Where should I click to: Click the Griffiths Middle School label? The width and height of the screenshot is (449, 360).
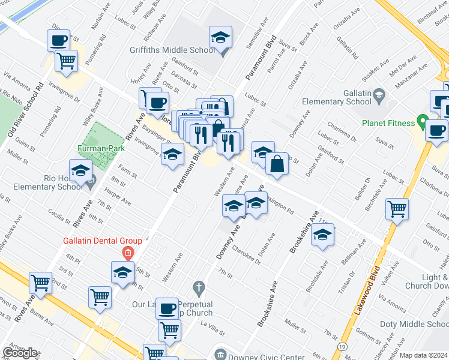coord(172,50)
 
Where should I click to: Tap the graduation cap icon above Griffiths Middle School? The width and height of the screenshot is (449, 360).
coord(221,38)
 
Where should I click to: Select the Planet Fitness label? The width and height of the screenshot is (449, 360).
coord(388,123)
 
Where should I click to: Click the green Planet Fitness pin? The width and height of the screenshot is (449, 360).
coord(422,125)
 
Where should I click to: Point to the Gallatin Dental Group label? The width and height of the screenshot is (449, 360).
coord(103,241)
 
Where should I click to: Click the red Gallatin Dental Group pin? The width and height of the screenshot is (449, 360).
coord(127,252)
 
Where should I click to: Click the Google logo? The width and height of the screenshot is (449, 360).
coord(20,353)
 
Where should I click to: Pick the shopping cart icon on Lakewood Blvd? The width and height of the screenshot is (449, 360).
coord(397,209)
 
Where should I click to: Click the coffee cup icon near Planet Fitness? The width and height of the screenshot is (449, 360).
coord(436,130)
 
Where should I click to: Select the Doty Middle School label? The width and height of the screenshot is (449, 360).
coord(415,324)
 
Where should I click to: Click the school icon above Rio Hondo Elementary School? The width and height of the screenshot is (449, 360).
coord(80,170)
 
